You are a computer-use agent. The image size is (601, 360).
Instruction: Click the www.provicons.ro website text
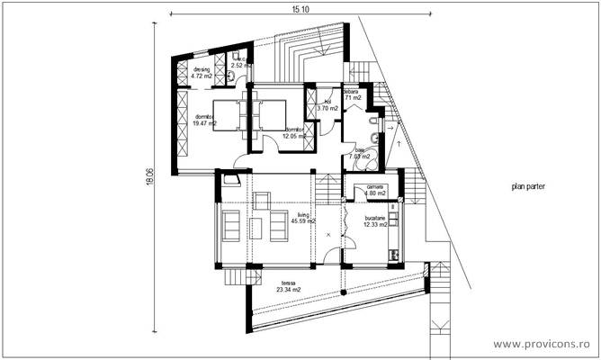(543, 344)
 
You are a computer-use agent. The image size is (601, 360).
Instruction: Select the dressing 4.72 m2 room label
(201, 73)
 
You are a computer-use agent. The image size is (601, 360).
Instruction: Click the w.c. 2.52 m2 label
(240, 63)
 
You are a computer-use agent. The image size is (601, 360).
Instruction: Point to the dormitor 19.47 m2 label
(203, 120)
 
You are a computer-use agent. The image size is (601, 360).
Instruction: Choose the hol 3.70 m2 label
(329, 105)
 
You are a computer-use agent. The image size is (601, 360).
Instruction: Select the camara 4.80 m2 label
(374, 190)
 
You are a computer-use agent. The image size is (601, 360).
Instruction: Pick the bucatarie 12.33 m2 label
(374, 221)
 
